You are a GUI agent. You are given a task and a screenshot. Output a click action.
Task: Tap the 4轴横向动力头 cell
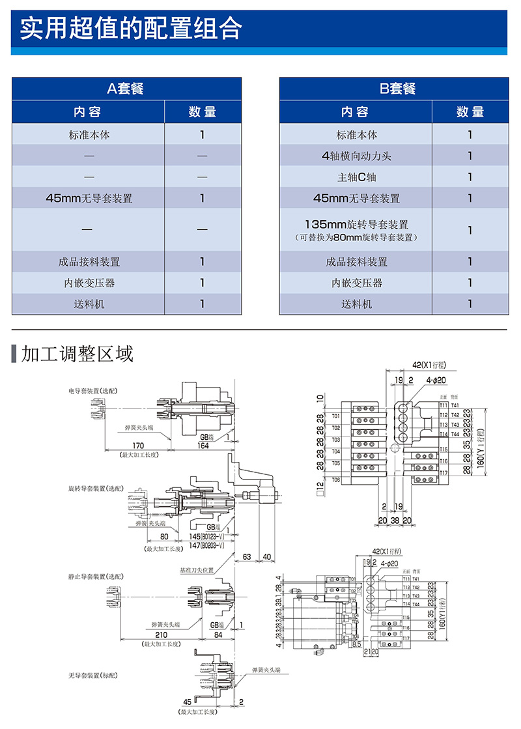click(356, 156)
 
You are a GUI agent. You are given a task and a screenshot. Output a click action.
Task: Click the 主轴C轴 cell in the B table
click(356, 177)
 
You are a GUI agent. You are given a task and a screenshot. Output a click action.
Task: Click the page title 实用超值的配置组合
click(130, 29)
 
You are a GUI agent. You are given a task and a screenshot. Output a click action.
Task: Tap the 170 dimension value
click(135, 447)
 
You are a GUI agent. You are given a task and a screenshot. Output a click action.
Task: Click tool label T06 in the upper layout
click(336, 480)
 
